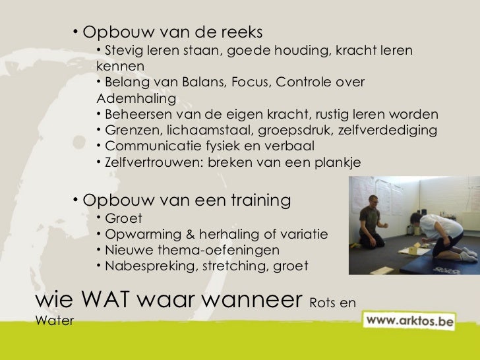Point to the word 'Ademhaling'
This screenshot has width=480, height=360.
point(136,99)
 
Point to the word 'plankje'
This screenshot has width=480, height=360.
point(338,162)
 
